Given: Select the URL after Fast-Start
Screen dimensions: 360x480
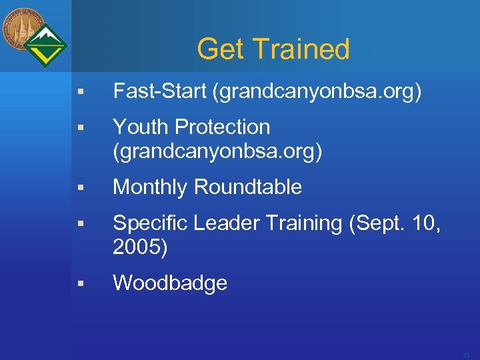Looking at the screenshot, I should pyautogui.click(x=317, y=92).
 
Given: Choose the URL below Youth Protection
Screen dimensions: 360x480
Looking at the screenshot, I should pyautogui.click(x=217, y=152).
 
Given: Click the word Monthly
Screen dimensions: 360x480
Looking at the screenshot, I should pyautogui.click(x=150, y=187).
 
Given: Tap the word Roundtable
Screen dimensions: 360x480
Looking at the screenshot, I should pyautogui.click(x=247, y=187).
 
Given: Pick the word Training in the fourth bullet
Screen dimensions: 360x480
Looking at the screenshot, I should pyautogui.click(x=304, y=223).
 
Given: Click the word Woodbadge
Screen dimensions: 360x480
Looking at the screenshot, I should pyautogui.click(x=170, y=283).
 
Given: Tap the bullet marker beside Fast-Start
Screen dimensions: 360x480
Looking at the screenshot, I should pyautogui.click(x=79, y=93).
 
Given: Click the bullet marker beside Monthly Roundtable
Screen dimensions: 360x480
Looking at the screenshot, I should pyautogui.click(x=79, y=189).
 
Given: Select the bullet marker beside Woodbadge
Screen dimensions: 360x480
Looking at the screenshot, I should pyautogui.click(x=79, y=284).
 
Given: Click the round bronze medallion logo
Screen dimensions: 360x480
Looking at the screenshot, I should pyautogui.click(x=23, y=29).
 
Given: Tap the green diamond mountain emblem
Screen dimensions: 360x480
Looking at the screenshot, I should pyautogui.click(x=47, y=45).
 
